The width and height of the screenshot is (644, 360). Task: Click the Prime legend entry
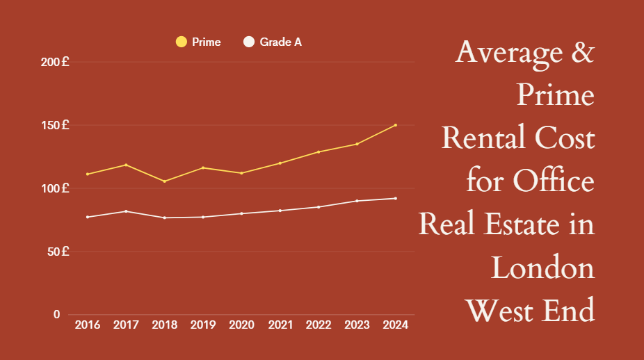coord(199,42)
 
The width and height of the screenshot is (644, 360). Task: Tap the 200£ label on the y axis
coord(55,62)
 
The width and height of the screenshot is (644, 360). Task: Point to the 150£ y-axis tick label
coord(55,125)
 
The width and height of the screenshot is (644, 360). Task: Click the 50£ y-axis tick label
coord(57,251)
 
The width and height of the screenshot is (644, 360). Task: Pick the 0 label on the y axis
coord(56,314)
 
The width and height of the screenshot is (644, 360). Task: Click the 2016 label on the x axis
coord(87,325)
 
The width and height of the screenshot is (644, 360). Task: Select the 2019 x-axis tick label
coord(202,325)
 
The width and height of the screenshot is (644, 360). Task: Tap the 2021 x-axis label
coord(280,325)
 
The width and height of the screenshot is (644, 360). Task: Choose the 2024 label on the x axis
coord(395,325)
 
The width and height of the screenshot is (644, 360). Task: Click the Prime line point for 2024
coord(395,125)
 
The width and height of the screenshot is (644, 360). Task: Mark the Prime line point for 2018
coord(164,181)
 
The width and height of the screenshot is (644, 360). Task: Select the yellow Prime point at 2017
coord(126,165)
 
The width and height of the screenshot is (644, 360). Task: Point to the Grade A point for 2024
coord(395,198)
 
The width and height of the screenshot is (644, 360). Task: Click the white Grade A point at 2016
coord(87,217)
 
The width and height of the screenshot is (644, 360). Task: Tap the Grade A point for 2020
coord(241,213)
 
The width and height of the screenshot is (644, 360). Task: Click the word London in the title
coord(542,268)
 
